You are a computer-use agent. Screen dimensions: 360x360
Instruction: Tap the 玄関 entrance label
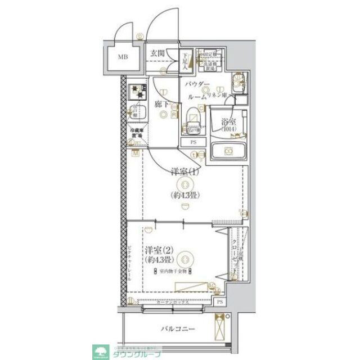[x=157, y=54]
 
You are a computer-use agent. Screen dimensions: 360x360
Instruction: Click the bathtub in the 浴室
[x=228, y=151]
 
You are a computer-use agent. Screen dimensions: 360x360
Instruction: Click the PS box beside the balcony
[x=219, y=303]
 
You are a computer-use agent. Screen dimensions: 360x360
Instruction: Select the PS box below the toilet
[x=193, y=142]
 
